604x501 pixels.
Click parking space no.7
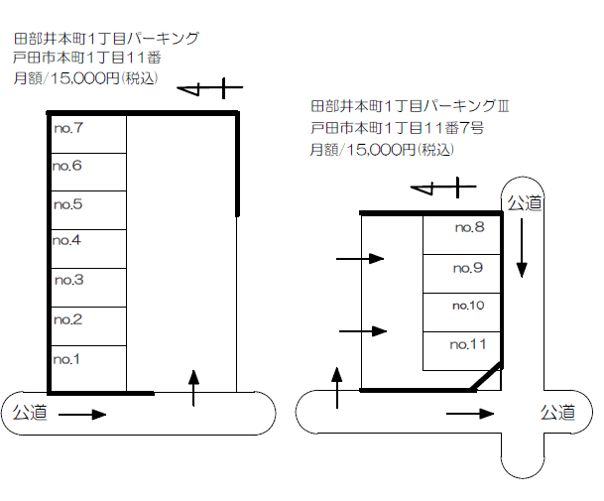pyautogui.click(x=87, y=134)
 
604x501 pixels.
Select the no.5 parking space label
pyautogui.click(x=68, y=204)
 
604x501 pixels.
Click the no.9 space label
pyautogui.click(x=467, y=268)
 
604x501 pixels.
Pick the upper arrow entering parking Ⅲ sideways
pyautogui.click(x=360, y=259)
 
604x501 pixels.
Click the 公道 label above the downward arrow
pyautogui.click(x=525, y=202)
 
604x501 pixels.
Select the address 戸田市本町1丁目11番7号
pyautogui.click(x=396, y=127)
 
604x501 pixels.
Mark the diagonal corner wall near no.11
pyautogui.click(x=485, y=378)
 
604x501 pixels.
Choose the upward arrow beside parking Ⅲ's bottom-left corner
pyautogui.click(x=338, y=387)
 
